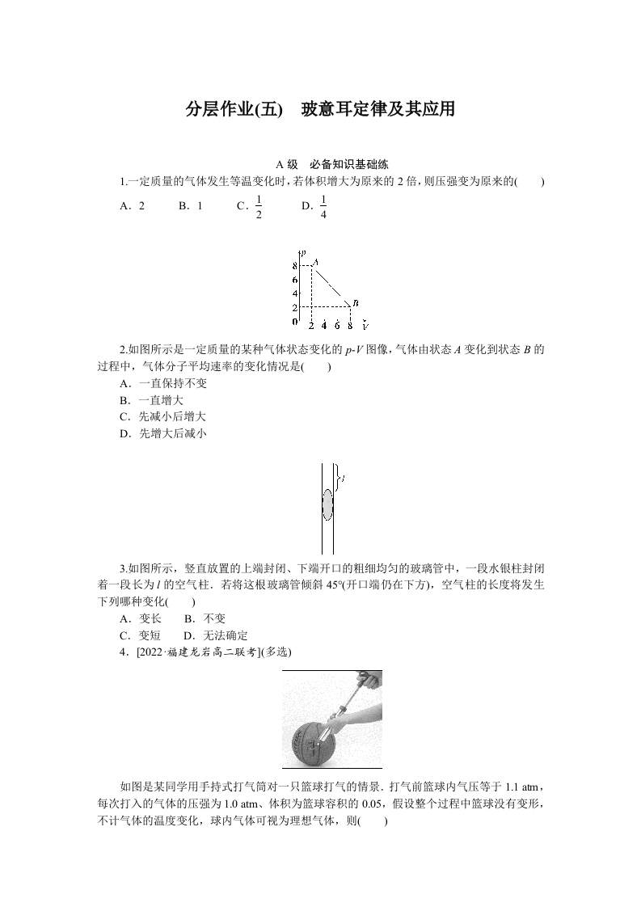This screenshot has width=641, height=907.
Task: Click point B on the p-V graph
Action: click(x=350, y=306)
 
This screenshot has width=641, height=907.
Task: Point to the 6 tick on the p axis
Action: click(x=295, y=279)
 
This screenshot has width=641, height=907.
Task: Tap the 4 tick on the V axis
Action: click(x=323, y=325)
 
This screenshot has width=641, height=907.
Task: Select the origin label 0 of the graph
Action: click(x=295, y=322)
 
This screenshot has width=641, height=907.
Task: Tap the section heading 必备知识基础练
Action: click(x=343, y=164)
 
